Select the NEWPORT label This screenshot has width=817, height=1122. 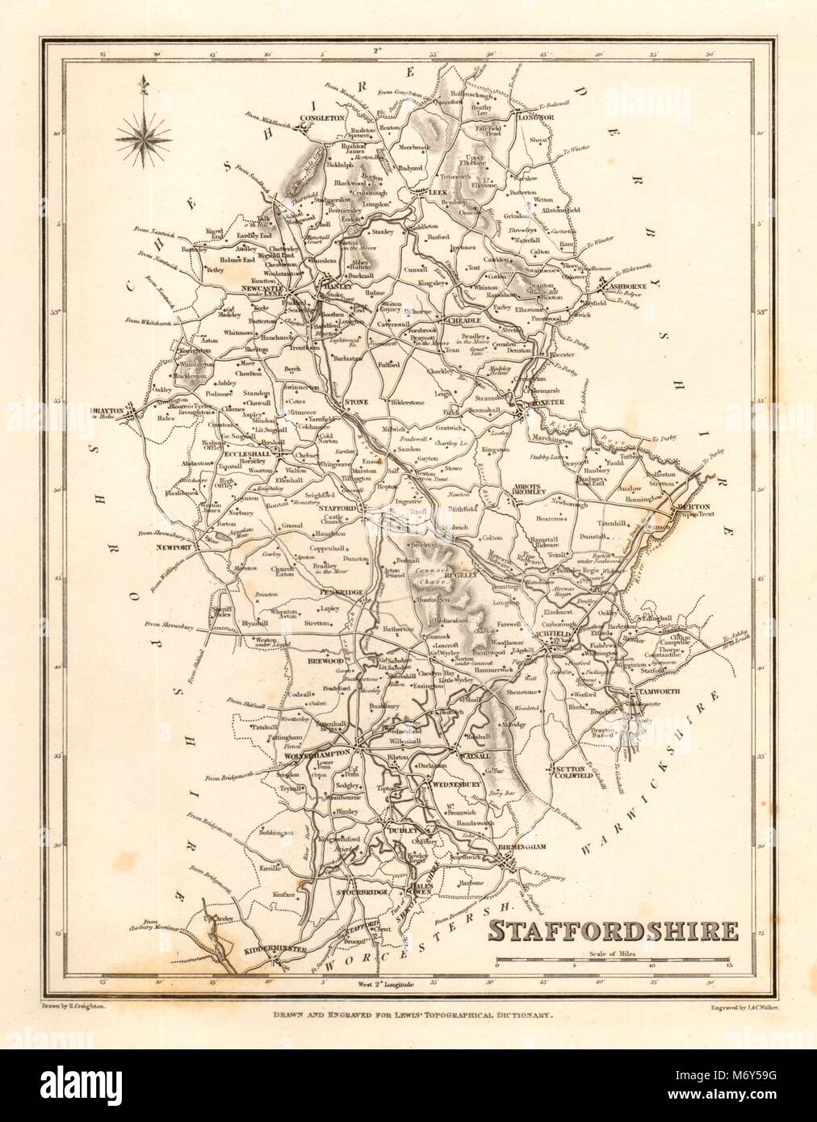click(x=177, y=547)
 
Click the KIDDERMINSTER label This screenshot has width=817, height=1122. click(x=274, y=950)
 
